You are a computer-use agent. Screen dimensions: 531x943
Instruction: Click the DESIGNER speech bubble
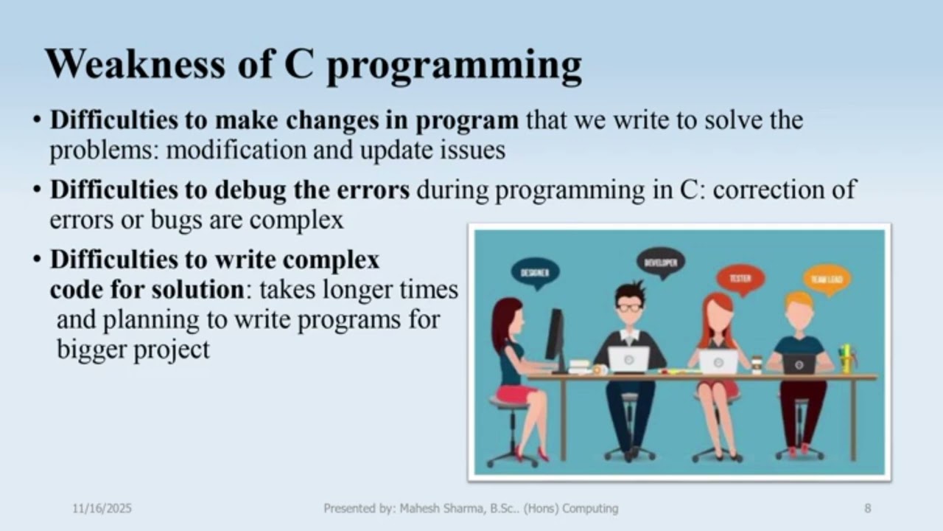pos(535,273)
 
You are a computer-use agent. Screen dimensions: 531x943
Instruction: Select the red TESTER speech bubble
pos(740,280)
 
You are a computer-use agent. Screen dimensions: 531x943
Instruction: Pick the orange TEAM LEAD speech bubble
pos(827,280)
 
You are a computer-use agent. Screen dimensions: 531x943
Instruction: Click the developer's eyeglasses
pos(629,307)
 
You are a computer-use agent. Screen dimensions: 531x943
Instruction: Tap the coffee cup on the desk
pos(757,364)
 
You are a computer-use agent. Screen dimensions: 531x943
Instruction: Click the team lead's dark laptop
pos(799,364)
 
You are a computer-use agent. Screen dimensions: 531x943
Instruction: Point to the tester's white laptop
pos(718,361)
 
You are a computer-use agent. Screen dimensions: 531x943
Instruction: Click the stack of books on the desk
pos(580,367)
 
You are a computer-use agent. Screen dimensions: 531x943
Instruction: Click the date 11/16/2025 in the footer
pos(102,508)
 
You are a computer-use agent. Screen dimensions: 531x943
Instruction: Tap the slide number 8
pos(868,508)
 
